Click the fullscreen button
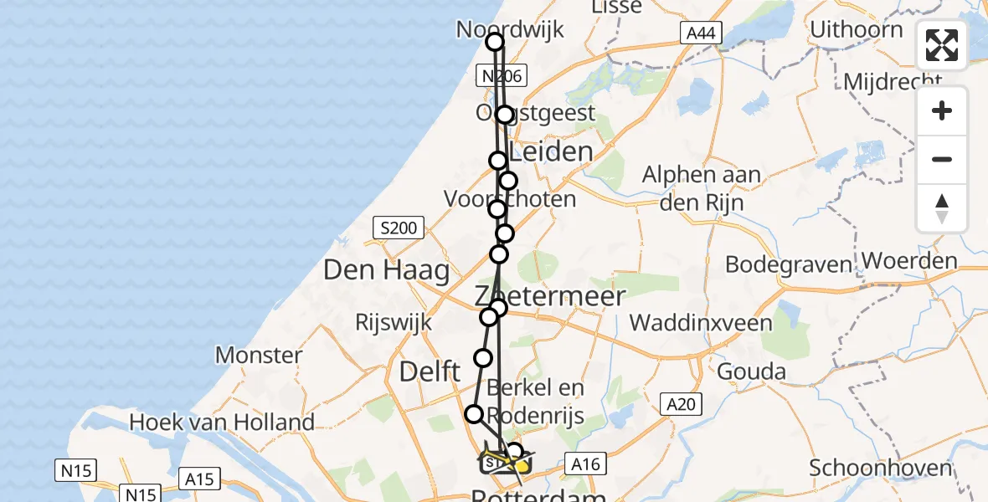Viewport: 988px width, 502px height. [942, 45]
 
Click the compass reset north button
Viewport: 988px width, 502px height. [942, 208]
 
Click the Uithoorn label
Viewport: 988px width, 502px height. [857, 30]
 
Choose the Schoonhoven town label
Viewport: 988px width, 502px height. [881, 468]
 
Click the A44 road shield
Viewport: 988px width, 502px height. [698, 33]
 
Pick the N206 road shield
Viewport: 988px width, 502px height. [500, 76]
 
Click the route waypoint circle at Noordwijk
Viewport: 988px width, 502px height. [495, 42]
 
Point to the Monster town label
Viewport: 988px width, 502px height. [259, 355]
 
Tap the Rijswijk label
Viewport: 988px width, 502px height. [394, 322]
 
